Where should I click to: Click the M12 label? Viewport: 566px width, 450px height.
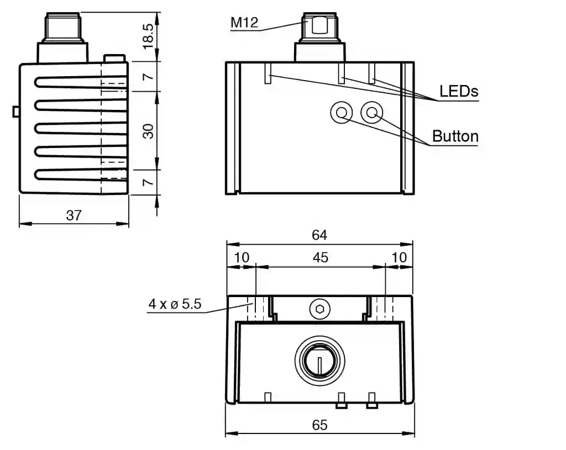point(244,23)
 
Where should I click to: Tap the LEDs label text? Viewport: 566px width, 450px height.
point(459,91)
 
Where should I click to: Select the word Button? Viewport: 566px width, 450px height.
point(455,136)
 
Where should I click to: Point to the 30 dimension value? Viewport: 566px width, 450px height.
point(148,131)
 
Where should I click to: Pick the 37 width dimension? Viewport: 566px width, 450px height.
point(74,216)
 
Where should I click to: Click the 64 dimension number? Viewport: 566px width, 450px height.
point(319,235)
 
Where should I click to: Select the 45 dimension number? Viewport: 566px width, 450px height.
point(321,257)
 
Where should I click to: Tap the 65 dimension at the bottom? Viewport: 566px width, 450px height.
point(319,425)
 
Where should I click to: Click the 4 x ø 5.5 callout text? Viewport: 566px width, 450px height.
point(174,304)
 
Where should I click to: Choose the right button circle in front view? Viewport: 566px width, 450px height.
point(371,113)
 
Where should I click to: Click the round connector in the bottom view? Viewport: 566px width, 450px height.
point(319,362)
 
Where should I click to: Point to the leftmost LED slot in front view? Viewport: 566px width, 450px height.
point(268,73)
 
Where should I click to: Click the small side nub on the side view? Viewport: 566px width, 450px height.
point(15,112)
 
